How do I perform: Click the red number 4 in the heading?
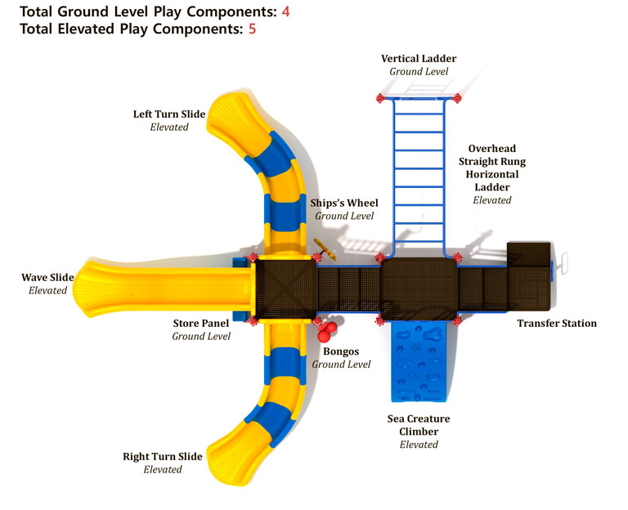286,11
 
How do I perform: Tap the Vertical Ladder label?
418,59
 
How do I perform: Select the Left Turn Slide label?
169,114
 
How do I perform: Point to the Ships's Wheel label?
344,203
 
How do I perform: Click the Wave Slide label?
47,277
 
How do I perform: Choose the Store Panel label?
201,323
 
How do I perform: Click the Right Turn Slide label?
163,456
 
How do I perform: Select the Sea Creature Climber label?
419,425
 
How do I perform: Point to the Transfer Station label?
557,323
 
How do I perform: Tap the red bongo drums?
325,331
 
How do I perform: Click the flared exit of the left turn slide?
230,120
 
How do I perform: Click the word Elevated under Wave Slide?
47,290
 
